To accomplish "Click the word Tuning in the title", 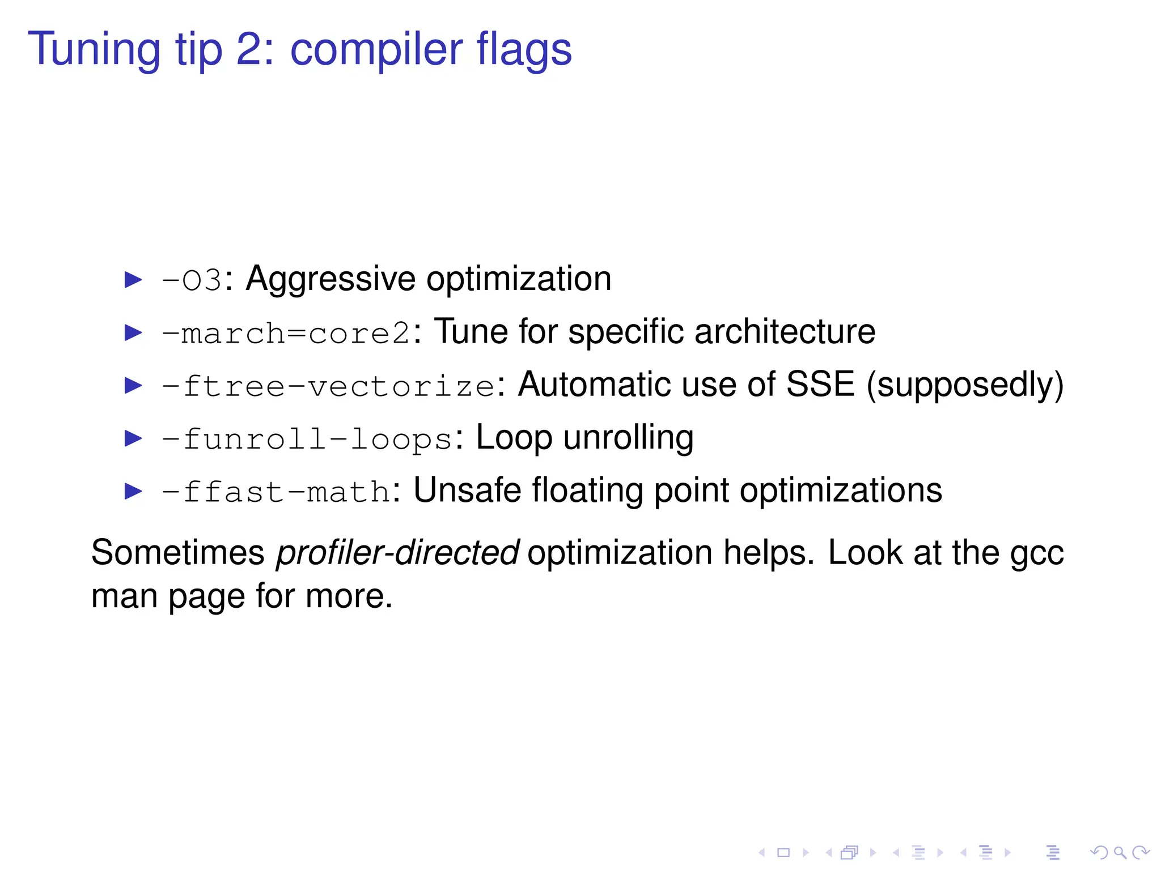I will point(94,50).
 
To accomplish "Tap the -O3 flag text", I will point(192,280).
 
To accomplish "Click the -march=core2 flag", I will point(286,333).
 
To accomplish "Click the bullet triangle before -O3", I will point(133,280).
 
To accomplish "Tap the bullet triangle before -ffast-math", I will point(133,492).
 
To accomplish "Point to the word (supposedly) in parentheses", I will point(965,385).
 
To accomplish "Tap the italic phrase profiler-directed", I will point(397,553).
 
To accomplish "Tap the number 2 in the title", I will point(248,50).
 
